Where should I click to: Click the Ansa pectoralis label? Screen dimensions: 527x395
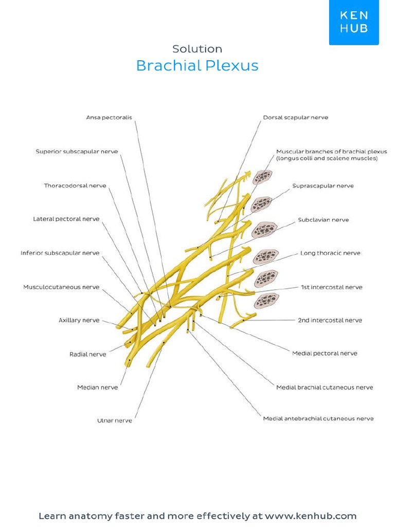tap(109, 117)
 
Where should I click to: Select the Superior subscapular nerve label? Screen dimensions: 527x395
tap(77, 151)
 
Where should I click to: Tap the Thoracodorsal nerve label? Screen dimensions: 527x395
tap(75, 185)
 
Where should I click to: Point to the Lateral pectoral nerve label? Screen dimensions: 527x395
tap(66, 219)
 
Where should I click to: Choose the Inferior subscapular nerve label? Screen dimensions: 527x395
tap(60, 253)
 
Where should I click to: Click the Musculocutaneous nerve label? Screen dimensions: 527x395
tap(61, 287)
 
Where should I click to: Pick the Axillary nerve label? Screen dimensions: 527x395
tap(79, 320)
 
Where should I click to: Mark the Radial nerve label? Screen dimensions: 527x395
tap(88, 354)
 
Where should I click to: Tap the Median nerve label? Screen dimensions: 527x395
tap(98, 387)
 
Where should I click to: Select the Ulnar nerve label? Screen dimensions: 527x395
tap(115, 420)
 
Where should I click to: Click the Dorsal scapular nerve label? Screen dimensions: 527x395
tap(295, 117)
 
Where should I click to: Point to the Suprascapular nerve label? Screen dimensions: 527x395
tap(323, 185)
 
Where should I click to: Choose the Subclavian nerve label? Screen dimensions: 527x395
tap(324, 220)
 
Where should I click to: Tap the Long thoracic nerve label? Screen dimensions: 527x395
tap(330, 253)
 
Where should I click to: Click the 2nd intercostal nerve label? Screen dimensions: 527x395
tap(330, 320)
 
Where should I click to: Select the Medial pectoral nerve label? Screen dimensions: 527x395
tap(325, 353)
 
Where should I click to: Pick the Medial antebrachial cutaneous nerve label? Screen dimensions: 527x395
tap(318, 418)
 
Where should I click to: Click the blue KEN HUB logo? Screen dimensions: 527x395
tap(354, 22)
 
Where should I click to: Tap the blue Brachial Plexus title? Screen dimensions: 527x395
tap(197, 66)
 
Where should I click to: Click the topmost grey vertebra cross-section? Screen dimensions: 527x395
tap(262, 178)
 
